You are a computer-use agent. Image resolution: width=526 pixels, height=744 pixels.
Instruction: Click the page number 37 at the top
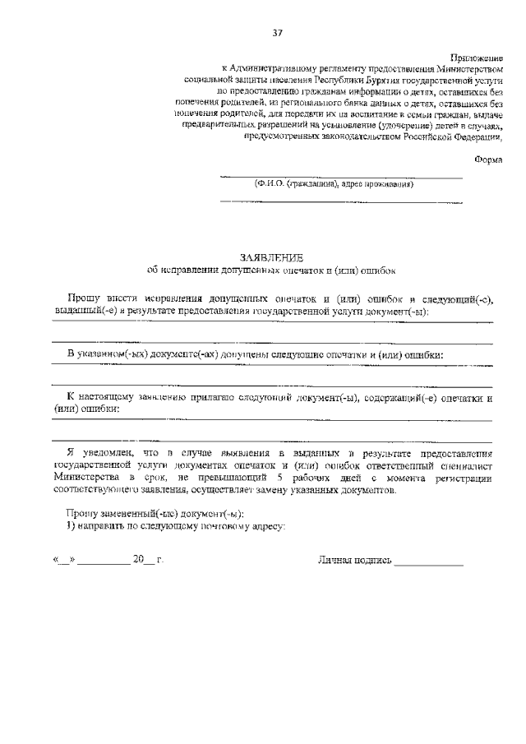(277, 33)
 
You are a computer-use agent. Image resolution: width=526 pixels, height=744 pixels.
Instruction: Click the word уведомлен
(100, 453)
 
